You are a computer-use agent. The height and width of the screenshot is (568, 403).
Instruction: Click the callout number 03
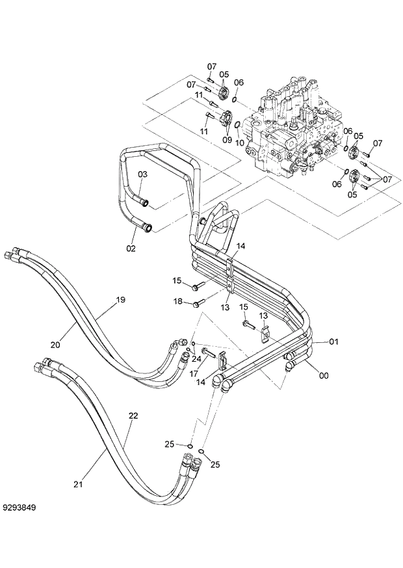click(142, 174)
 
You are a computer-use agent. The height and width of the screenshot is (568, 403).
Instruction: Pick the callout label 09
click(227, 139)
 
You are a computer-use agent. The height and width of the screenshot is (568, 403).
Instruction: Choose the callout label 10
click(240, 142)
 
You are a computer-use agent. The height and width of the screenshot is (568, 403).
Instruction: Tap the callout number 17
click(194, 373)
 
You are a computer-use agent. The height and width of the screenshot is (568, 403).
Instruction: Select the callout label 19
click(120, 300)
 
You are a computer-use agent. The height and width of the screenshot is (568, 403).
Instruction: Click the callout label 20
click(55, 345)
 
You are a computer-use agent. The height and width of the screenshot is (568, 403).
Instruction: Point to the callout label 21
click(79, 483)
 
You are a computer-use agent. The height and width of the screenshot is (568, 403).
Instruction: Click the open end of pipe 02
click(149, 228)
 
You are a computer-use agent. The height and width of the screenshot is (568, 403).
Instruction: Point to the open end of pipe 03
click(150, 203)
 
